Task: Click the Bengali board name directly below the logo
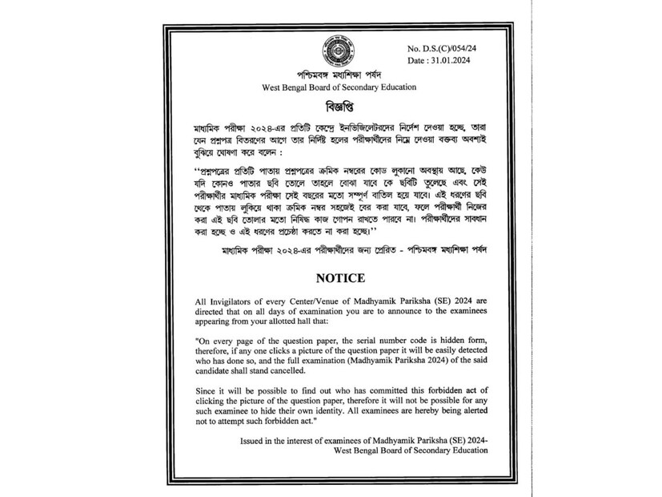(x=327, y=76)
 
